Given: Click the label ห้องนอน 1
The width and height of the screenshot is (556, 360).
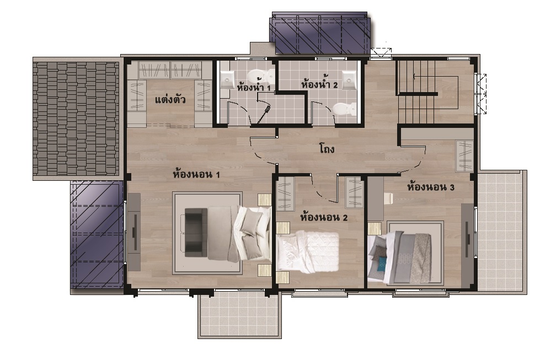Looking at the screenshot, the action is (196, 174).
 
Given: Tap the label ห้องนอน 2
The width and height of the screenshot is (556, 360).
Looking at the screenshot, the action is (323, 217).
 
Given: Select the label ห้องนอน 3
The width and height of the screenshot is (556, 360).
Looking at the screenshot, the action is (431, 187).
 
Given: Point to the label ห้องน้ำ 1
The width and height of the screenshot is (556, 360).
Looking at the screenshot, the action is (254, 87).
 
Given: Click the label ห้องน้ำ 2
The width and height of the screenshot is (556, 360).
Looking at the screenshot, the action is (319, 85).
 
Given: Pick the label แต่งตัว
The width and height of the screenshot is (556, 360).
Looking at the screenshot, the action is (170, 100).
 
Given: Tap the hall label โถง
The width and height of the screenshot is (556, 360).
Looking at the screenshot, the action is (327, 148).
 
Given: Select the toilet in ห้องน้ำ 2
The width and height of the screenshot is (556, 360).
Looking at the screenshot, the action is (344, 109).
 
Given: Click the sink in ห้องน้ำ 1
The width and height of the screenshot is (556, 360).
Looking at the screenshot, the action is (227, 79).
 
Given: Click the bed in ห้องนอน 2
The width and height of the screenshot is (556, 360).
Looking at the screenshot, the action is (307, 251).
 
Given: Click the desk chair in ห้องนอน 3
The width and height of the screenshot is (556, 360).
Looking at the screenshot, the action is (388, 199).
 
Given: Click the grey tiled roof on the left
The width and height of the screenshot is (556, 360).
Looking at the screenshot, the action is (76, 119).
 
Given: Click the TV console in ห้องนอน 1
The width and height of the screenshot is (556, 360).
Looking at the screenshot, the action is (135, 232).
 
